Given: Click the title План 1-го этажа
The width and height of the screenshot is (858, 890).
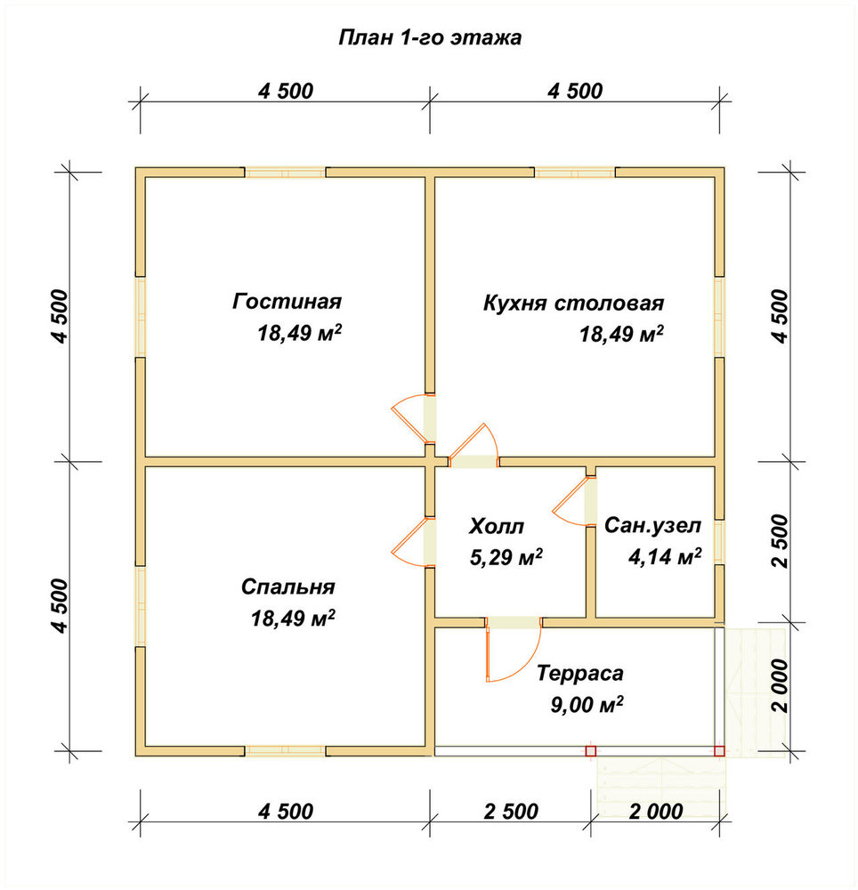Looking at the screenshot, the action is click(430, 37).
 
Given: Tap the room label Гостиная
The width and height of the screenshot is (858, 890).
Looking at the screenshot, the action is click(287, 301).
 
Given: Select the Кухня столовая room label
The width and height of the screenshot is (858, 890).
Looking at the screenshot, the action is click(573, 303).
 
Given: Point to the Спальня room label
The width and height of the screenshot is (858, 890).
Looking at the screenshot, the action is click(287, 587).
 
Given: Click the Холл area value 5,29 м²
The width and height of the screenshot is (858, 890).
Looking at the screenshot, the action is click(506, 557).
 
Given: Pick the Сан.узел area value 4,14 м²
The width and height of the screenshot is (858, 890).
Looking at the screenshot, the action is click(665, 556).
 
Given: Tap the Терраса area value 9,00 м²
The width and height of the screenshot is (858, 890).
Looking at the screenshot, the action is click(587, 704).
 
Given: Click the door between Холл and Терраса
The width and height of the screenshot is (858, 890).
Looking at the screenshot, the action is click(513, 650).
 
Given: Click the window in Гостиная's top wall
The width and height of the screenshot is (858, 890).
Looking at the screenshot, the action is click(285, 172).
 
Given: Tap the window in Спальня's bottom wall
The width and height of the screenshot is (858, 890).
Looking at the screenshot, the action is click(285, 751).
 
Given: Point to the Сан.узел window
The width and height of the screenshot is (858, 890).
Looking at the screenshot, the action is click(719, 541).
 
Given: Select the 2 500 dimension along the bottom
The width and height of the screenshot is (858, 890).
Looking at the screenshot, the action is click(511, 811).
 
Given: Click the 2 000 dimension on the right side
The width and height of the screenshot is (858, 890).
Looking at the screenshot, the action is click(781, 685).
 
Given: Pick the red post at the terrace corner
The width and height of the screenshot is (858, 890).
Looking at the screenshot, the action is click(719, 751).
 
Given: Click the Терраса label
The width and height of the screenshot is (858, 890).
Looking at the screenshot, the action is click(580, 673).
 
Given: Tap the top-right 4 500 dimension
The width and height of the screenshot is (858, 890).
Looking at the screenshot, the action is click(575, 91).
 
